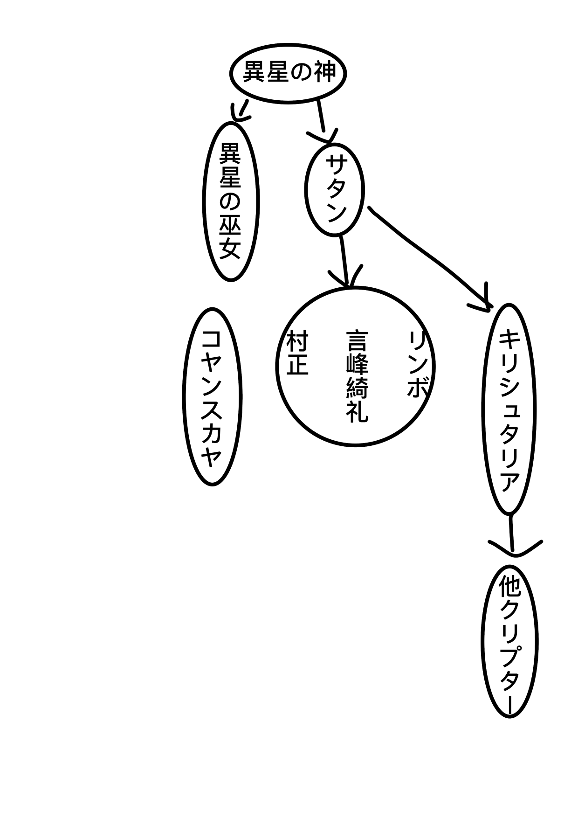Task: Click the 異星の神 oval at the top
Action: (288, 74)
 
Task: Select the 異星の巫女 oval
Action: (230, 201)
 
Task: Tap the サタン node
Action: (334, 189)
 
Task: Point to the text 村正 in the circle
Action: (297, 353)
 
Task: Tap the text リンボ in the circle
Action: (418, 364)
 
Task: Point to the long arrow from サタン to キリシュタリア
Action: (429, 256)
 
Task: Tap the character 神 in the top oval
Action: (323, 73)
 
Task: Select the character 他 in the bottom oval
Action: (509, 587)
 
